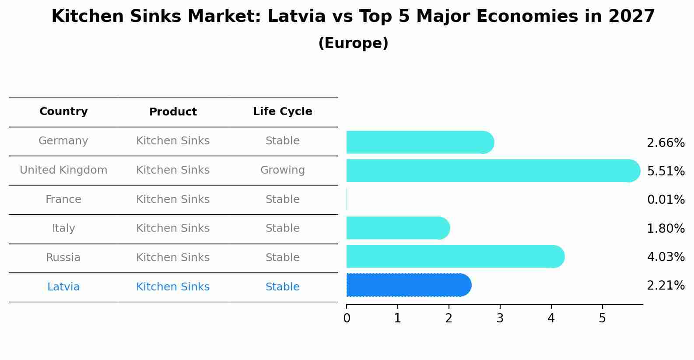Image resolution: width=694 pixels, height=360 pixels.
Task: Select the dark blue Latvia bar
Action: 408,285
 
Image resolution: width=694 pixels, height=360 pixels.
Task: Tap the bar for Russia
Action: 455,256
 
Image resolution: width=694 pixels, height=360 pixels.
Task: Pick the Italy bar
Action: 397,228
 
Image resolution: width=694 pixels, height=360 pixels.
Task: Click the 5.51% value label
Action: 666,171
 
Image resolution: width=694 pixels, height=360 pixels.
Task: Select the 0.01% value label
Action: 666,200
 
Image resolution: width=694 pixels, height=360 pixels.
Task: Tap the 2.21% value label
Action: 666,286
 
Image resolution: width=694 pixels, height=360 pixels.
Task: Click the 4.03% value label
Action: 666,257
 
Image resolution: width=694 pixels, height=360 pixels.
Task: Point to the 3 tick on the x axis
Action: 500,318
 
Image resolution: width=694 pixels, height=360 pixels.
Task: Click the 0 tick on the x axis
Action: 347,318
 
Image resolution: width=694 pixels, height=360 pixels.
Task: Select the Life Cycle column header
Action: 282,112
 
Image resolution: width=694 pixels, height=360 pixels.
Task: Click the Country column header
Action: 63,112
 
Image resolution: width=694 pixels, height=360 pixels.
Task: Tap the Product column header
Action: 173,112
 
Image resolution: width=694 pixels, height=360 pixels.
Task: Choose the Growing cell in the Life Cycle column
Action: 282,170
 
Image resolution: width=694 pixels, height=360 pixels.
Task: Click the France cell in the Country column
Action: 63,199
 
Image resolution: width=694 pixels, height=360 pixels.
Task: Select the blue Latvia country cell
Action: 63,287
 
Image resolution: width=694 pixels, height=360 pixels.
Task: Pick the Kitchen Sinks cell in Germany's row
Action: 173,141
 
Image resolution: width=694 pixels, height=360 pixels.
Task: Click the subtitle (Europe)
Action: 353,43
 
